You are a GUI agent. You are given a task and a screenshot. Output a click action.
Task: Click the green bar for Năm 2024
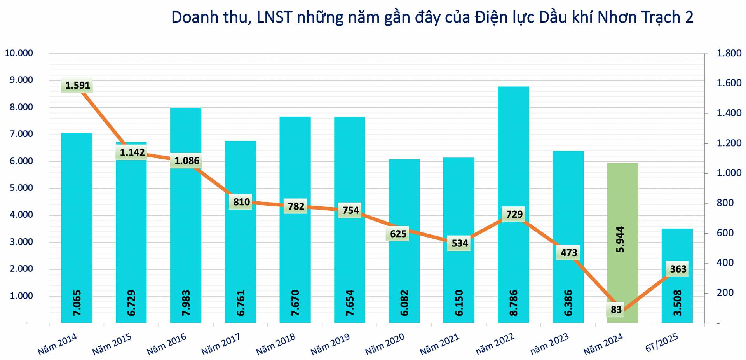622,202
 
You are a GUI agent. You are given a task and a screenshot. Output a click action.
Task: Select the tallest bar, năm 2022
513,156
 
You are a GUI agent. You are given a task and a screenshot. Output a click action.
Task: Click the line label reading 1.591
77,86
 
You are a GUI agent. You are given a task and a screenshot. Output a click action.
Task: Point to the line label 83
616,310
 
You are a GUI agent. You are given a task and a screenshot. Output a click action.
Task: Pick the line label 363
678,269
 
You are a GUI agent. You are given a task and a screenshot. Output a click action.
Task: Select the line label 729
514,214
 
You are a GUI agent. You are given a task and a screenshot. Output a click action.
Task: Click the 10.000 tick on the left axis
19,53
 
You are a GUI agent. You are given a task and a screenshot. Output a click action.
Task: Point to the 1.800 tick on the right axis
729,53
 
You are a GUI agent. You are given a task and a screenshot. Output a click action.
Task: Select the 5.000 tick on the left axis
20,188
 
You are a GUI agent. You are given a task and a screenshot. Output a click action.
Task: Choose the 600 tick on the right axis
725,233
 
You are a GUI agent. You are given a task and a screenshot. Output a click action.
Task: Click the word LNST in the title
274,17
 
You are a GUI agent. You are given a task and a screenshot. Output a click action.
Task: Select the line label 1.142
132,152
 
